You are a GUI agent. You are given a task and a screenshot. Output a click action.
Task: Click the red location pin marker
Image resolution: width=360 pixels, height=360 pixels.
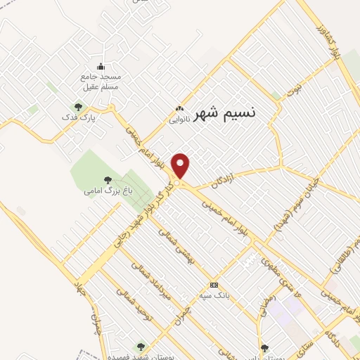pos(181,166)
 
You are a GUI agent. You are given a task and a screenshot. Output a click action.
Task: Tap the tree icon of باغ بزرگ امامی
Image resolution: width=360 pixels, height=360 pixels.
pos(107,180)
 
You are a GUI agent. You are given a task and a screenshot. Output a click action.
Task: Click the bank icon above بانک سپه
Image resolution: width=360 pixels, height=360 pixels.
pos(214,285)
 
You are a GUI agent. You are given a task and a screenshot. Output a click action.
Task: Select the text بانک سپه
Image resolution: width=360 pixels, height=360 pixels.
pos(214,295)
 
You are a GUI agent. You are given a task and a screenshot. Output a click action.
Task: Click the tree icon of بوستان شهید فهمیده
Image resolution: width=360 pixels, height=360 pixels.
pos(141,346)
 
